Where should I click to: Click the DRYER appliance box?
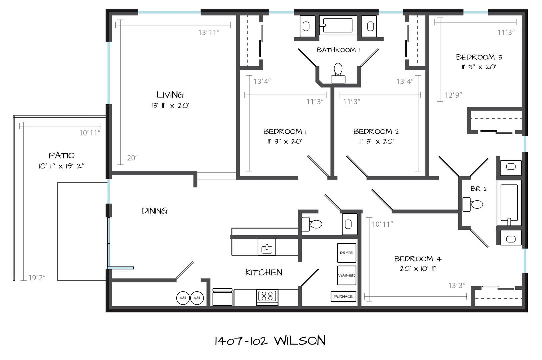(346, 253)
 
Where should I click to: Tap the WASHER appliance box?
(346, 275)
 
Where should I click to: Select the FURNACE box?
(343, 296)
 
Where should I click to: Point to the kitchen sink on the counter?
(267, 247)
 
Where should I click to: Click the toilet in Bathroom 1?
(338, 73)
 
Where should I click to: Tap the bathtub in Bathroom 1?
(338, 25)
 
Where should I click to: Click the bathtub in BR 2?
(509, 203)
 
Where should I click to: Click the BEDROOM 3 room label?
(479, 57)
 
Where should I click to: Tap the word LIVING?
(170, 95)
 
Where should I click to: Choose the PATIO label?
(61, 155)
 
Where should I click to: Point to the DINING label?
(155, 211)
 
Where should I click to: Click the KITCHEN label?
(264, 272)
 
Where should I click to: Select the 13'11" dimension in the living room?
(209, 32)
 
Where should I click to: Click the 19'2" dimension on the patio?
(37, 277)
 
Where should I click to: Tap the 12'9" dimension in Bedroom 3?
(453, 95)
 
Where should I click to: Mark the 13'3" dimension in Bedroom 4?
(457, 285)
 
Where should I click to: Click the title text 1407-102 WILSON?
(270, 341)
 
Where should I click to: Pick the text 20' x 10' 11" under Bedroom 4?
(418, 269)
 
